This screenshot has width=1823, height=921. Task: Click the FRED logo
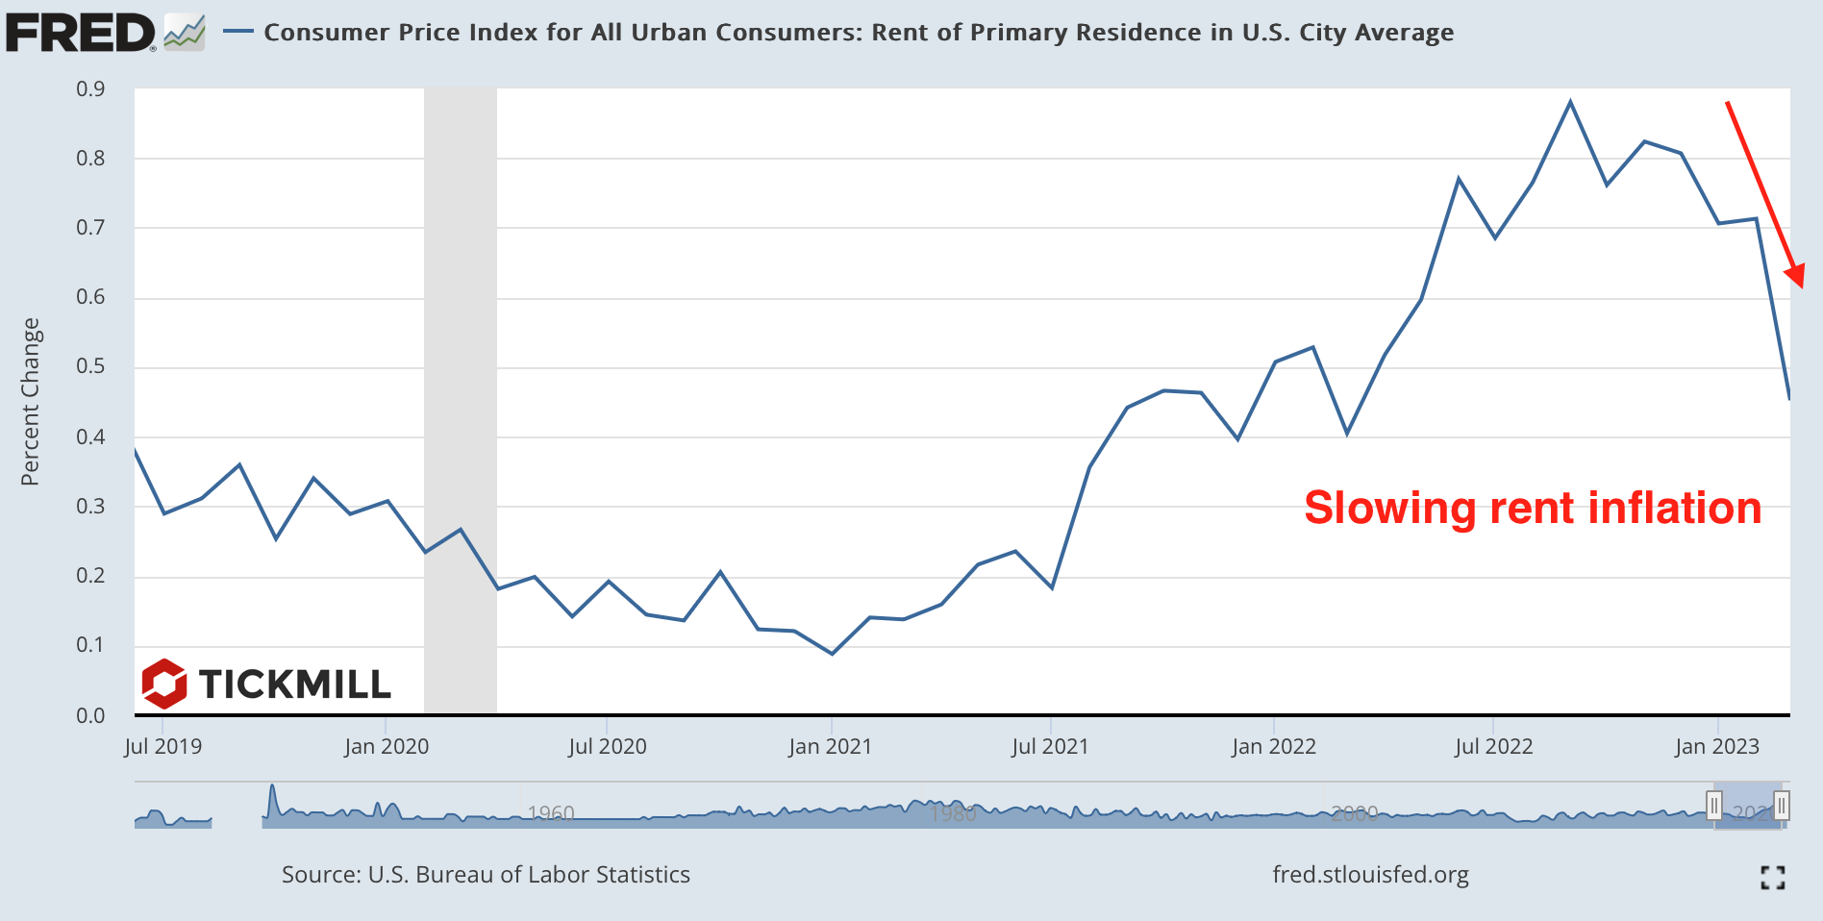[x=81, y=33]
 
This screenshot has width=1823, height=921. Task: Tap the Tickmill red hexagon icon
[x=164, y=684]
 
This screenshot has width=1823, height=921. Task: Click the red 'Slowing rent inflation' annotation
[x=1532, y=508]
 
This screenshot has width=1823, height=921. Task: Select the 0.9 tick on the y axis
[x=90, y=89]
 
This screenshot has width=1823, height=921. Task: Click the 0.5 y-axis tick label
[x=90, y=366]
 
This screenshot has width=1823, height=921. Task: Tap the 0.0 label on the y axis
[x=90, y=715]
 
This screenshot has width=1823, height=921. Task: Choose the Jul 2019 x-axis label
[x=163, y=746]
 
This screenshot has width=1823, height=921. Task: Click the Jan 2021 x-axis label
[x=830, y=746]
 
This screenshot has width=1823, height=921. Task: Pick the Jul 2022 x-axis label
[x=1493, y=746]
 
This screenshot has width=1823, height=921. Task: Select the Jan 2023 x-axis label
[x=1716, y=746]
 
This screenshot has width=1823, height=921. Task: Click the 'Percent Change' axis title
[x=31, y=402]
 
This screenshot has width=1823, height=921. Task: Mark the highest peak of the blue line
[x=1570, y=102]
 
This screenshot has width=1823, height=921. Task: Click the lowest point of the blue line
[x=832, y=654]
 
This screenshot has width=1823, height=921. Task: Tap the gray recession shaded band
[x=461, y=385]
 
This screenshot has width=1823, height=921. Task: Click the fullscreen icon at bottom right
[x=1773, y=877]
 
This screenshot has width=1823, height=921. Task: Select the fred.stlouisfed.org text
[x=1370, y=875]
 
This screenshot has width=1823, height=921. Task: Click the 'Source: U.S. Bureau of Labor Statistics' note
[x=486, y=875]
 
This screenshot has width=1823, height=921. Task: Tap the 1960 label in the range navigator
[x=551, y=814]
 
